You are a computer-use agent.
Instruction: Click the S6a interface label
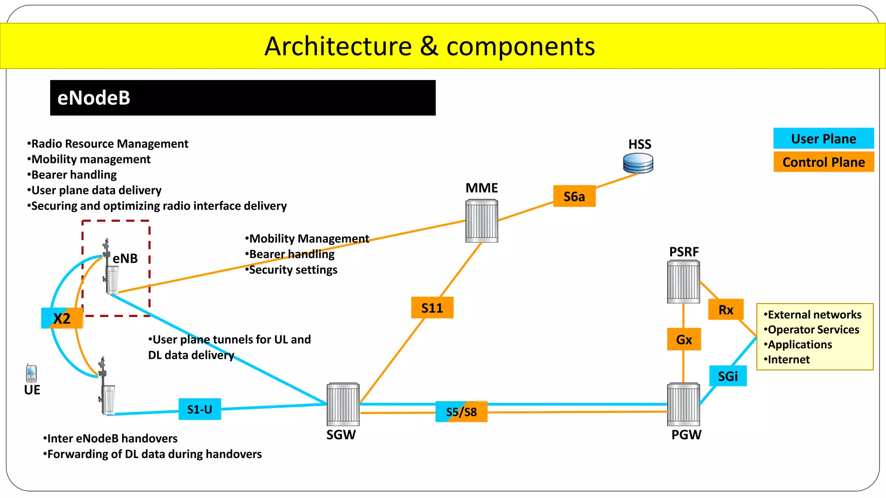[574, 196]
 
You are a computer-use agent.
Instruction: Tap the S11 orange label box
[432, 308]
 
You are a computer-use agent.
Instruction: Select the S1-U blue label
[199, 409]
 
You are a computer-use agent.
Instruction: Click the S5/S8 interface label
[461, 412]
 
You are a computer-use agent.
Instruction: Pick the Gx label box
[684, 339]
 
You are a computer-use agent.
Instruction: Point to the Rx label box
[725, 310]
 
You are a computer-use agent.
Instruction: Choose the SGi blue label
[728, 376]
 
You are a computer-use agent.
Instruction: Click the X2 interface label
[62, 319]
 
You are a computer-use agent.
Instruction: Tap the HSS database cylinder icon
[638, 163]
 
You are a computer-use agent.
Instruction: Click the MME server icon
[482, 221]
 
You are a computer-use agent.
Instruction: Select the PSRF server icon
[683, 282]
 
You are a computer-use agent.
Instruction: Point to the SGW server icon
[343, 404]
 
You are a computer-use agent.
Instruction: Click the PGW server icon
[684, 404]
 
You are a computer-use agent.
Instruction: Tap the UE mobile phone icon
[32, 373]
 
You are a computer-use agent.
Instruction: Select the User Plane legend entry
[823, 139]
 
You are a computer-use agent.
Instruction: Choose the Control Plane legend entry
[823, 162]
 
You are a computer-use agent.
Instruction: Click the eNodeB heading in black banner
[94, 98]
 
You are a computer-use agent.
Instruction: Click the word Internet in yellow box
[788, 360]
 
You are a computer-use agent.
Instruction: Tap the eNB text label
[125, 259]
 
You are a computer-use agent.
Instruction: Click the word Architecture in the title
[338, 46]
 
